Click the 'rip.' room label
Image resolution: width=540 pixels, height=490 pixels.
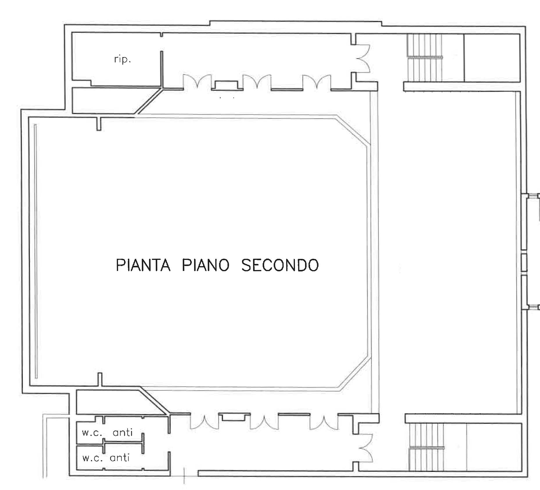pyautogui.click(x=122, y=59)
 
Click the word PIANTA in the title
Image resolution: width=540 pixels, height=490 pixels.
pyautogui.click(x=143, y=265)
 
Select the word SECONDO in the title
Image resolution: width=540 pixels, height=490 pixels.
pyautogui.click(x=280, y=265)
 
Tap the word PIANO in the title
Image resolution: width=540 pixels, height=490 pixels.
pyautogui.click(x=206, y=265)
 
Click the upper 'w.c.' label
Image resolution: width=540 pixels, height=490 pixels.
pyautogui.click(x=92, y=433)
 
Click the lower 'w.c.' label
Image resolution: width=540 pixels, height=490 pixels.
pyautogui.click(x=92, y=458)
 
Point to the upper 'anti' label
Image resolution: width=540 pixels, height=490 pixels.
pyautogui.click(x=123, y=433)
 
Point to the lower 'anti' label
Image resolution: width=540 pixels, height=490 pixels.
pyautogui.click(x=120, y=458)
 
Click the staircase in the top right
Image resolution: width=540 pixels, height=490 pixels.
pyautogui.click(x=424, y=58)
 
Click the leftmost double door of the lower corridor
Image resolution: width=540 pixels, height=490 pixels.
pyautogui.click(x=204, y=422)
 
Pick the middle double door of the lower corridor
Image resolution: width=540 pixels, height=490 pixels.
pyautogui.click(x=264, y=422)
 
